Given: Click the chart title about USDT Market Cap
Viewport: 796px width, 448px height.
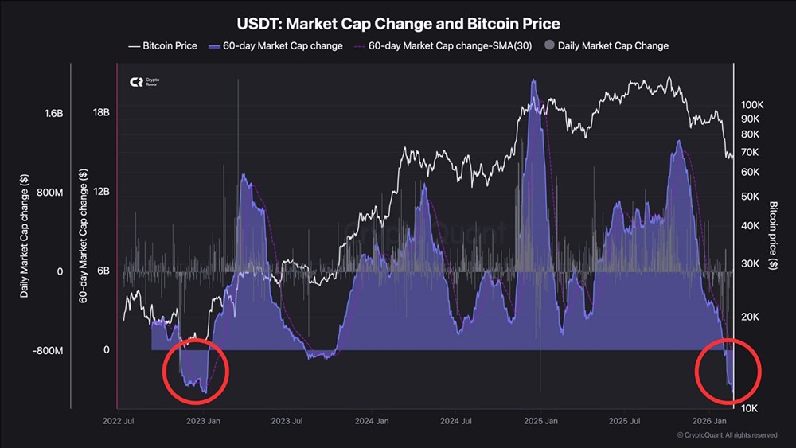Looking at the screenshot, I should pos(398,24).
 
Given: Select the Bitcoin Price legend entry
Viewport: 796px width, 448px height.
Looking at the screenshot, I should pos(162,46).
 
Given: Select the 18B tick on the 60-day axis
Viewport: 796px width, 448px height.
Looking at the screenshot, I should pos(101,113).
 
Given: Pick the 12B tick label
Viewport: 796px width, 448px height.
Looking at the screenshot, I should pos(101,192).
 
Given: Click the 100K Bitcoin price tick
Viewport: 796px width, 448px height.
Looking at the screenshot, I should pos(752,104).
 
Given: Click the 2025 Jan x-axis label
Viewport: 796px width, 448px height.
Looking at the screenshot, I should pos(539,421).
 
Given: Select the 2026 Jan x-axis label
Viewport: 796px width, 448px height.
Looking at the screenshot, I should pos(713,421).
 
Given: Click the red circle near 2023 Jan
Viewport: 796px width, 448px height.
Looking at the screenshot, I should pos(195,371).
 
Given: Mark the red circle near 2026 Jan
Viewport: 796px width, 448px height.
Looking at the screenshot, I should pos(728,371).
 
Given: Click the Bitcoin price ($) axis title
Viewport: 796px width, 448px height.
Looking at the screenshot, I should pos(774,236).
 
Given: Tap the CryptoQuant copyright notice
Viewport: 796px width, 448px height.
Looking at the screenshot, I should pos(726,435).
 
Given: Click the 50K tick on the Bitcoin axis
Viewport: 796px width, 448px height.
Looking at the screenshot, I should pos(752,197).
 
